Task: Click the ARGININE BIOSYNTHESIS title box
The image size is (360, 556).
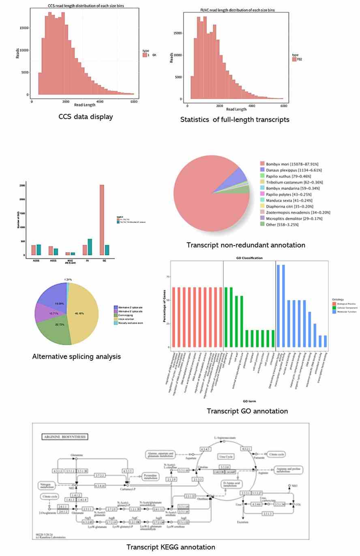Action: [65, 437]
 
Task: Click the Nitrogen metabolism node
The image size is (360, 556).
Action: [47, 485]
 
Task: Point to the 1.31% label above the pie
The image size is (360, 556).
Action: [68, 280]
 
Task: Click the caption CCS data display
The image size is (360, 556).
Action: [86, 117]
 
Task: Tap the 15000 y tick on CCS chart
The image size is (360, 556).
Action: [25, 28]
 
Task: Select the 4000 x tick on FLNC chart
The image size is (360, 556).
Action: [252, 105]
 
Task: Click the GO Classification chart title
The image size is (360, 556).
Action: [249, 258]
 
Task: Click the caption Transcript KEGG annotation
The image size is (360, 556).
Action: [171, 547]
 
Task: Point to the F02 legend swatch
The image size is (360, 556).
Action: [294, 59]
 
